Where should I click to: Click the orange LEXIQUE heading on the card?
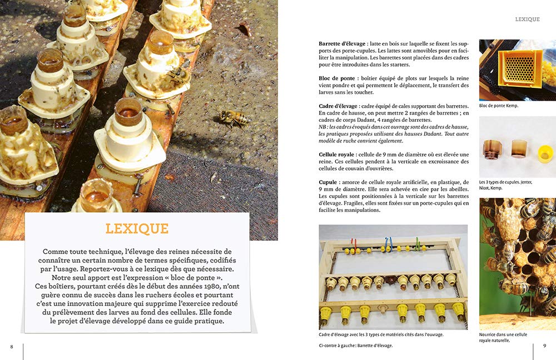click(x=137, y=229)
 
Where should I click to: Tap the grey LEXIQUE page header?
click(x=527, y=19)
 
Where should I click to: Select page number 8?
click(x=11, y=346)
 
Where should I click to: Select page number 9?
click(x=544, y=346)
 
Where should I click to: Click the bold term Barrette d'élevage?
click(x=342, y=43)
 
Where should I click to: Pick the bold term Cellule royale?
click(x=339, y=154)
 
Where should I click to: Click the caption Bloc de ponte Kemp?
click(x=499, y=106)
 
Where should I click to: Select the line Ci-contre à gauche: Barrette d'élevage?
click(x=356, y=346)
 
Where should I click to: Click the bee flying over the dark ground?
click(x=234, y=117)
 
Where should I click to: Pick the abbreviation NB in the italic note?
click(x=323, y=127)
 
